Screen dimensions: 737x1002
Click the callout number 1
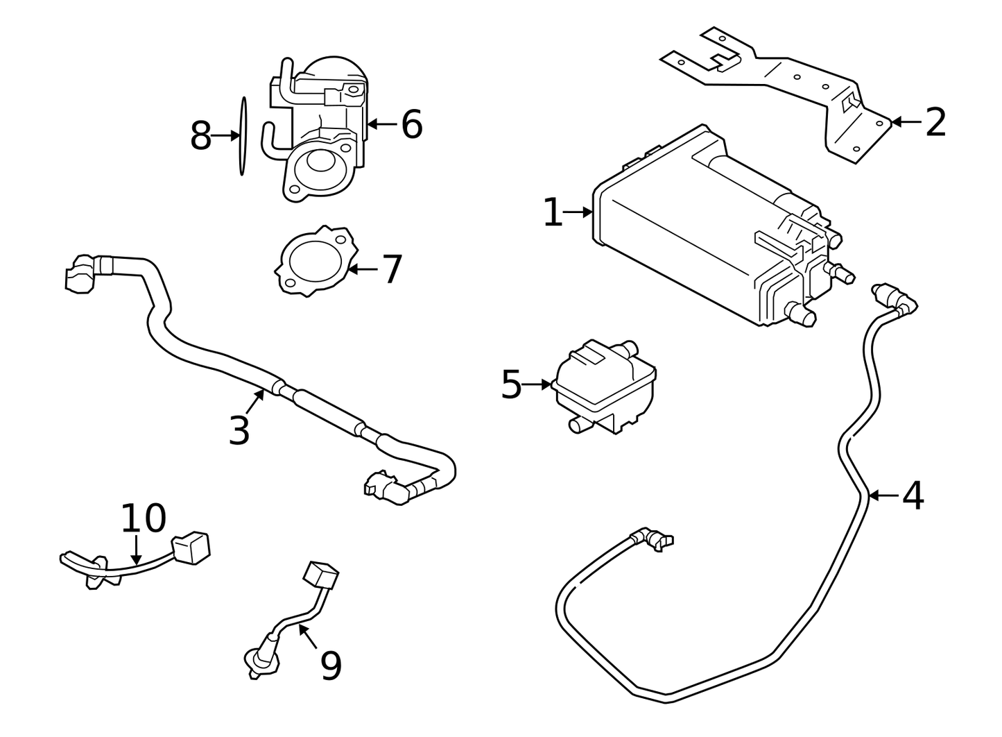[x=553, y=212]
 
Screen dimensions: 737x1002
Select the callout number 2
[x=935, y=123]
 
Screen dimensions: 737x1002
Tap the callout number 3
[x=239, y=431]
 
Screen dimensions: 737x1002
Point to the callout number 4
[x=913, y=496]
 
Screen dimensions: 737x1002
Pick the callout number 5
[x=511, y=384]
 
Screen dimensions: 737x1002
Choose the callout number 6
[x=412, y=125]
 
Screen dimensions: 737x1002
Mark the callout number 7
[x=392, y=269]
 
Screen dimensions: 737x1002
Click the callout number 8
[x=200, y=136]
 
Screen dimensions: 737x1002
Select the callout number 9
[x=331, y=666]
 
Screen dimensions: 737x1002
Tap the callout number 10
[x=144, y=518]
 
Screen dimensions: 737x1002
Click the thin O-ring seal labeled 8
[x=243, y=136]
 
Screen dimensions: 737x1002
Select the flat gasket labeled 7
[x=316, y=261]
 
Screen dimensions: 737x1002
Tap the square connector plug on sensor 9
[x=321, y=575]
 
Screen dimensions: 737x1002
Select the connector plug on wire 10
[x=191, y=548]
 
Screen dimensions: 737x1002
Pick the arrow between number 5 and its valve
[x=537, y=384]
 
